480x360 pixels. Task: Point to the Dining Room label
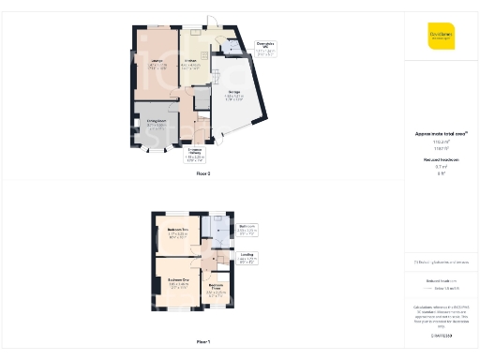(x=157, y=123)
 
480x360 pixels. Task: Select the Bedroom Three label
(x=216, y=289)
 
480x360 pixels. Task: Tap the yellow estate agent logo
(x=441, y=36)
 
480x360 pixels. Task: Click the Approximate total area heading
(x=441, y=134)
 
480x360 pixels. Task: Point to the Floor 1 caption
(x=202, y=341)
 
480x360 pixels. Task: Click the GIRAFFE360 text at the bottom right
(x=441, y=336)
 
